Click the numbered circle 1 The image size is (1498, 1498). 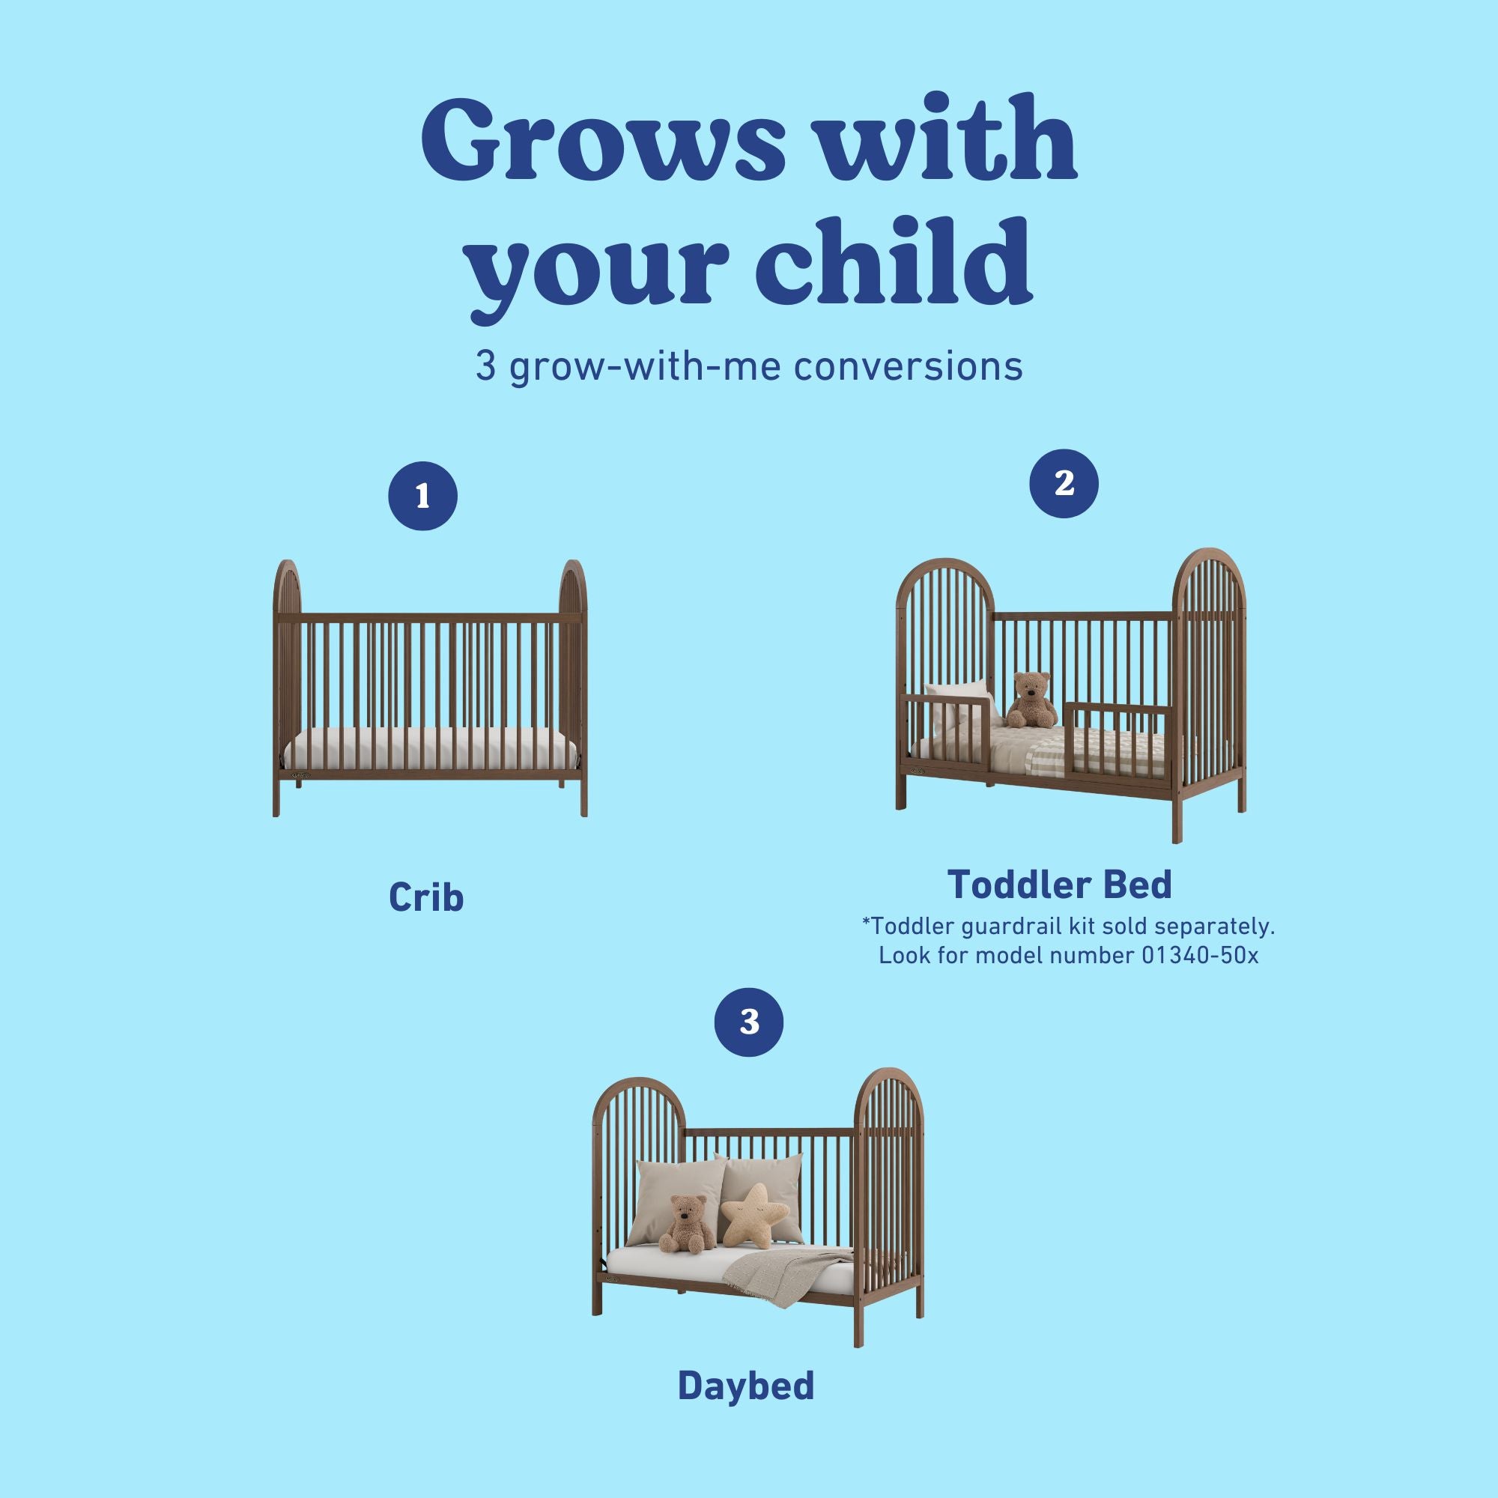[x=422, y=497]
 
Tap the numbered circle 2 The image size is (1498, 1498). [x=1064, y=484]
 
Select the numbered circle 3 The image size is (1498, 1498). [x=748, y=1022]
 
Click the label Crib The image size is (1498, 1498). [x=425, y=897]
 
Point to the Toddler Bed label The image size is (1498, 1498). [x=1059, y=885]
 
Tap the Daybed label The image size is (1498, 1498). [x=746, y=1386]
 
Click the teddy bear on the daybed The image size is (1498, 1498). [x=686, y=1225]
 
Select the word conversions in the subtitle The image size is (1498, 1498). [x=908, y=367]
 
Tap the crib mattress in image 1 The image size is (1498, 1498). [x=431, y=750]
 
